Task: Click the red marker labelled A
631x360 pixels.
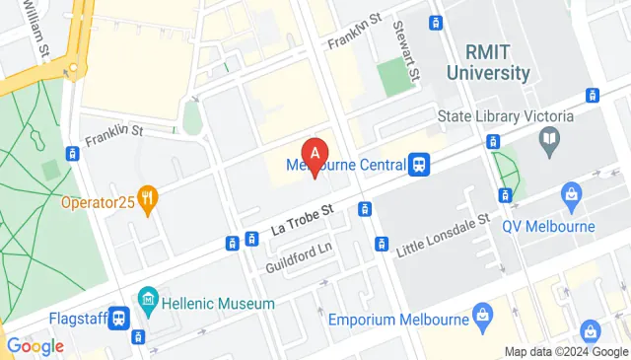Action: [x=315, y=156]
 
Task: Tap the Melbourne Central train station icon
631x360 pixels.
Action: [x=420, y=164]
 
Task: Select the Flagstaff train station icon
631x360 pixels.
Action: [x=119, y=319]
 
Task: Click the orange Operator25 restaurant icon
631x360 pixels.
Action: [x=149, y=198]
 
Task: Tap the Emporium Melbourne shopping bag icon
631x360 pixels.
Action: [x=482, y=315]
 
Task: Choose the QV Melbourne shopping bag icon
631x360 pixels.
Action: [x=569, y=195]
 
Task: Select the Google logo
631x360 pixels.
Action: [x=35, y=345]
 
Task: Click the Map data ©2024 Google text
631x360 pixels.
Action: [x=565, y=352]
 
